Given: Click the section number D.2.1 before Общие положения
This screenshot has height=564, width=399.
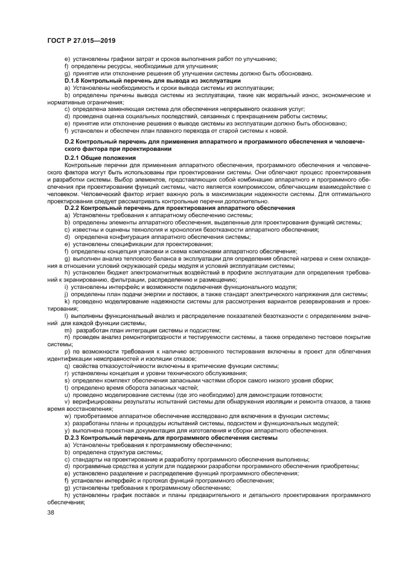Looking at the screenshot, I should click(74, 157).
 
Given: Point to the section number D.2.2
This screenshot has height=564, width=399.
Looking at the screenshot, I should click(74, 208).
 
